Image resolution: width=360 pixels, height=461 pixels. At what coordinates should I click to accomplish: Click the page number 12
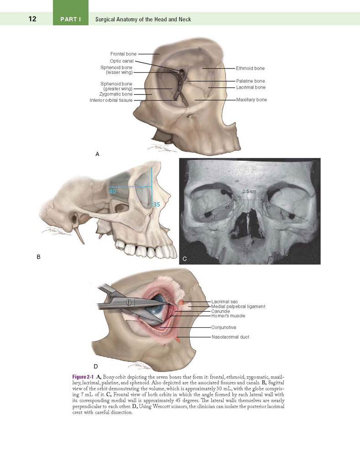(x=32, y=19)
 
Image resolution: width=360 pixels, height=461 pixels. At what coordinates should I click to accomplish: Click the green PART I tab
(x=71, y=13)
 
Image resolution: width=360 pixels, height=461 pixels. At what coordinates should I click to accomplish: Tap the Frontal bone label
(x=124, y=54)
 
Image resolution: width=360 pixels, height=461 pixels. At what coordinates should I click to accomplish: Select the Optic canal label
(x=122, y=61)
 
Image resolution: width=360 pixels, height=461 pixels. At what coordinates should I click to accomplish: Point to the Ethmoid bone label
(x=250, y=68)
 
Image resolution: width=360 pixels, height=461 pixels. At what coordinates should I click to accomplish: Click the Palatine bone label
(x=250, y=81)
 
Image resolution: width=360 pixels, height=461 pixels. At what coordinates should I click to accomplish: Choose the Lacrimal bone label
(x=251, y=87)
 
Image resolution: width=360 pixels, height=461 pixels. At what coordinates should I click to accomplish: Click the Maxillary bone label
(x=251, y=100)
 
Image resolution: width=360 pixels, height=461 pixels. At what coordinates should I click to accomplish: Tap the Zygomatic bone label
(x=116, y=94)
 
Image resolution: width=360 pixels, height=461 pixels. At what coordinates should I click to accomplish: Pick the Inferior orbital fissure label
(x=111, y=100)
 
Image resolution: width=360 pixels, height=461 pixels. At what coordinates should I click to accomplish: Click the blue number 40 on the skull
(x=112, y=191)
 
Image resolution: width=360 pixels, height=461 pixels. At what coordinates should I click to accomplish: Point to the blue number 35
(x=157, y=204)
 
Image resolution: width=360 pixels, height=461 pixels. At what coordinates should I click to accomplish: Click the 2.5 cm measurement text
(x=249, y=191)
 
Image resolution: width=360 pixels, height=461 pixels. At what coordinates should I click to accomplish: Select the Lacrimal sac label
(x=224, y=302)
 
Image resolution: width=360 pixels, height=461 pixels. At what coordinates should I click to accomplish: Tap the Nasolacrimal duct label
(x=230, y=337)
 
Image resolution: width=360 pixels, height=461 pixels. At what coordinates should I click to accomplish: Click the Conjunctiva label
(x=224, y=327)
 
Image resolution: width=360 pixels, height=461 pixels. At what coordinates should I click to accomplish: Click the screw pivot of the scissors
(x=128, y=302)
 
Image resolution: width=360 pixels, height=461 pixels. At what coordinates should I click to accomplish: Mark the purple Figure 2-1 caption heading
(x=83, y=377)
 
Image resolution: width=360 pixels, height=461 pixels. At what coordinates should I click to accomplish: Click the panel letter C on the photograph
(x=184, y=259)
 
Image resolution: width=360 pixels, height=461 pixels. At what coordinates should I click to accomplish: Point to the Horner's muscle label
(x=228, y=316)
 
